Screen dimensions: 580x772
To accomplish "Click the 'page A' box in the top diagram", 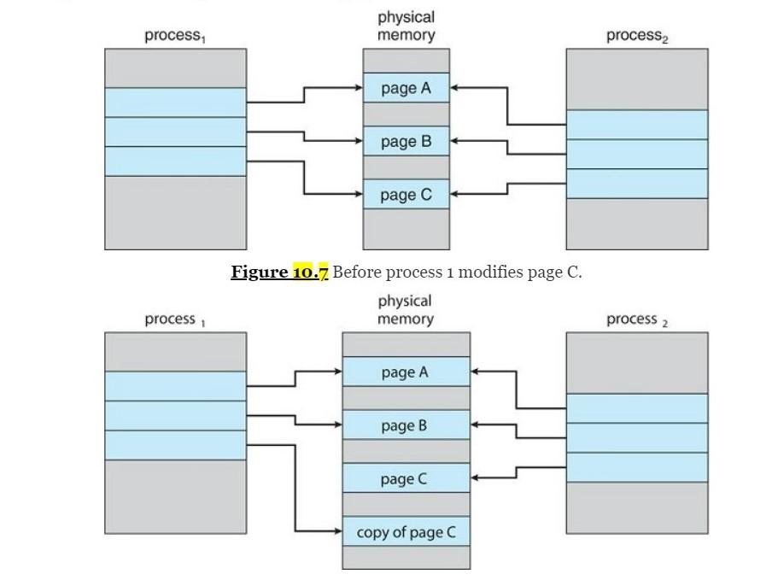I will [x=406, y=88].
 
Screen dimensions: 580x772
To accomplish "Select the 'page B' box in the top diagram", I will [x=406, y=141].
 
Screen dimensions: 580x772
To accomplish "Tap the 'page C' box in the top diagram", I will [x=406, y=195].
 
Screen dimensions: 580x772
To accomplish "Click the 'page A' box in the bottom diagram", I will [x=406, y=372].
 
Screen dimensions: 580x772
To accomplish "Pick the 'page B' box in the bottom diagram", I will [x=406, y=425].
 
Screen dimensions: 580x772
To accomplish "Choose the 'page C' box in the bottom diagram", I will [x=406, y=478].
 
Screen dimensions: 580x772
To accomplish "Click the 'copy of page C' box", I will [x=406, y=532].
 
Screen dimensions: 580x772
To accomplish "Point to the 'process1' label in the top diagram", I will [x=174, y=35].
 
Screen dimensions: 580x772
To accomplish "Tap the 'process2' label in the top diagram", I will [x=636, y=35].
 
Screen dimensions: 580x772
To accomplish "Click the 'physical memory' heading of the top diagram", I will [x=406, y=26].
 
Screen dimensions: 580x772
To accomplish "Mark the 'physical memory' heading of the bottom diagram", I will [x=406, y=309].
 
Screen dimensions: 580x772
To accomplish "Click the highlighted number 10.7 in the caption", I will [x=310, y=272].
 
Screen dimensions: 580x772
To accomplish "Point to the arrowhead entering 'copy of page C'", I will [x=337, y=531].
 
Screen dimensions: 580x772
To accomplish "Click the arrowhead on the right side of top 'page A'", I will [x=455, y=87].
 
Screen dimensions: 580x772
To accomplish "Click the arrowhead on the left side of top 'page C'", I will [x=358, y=194].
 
